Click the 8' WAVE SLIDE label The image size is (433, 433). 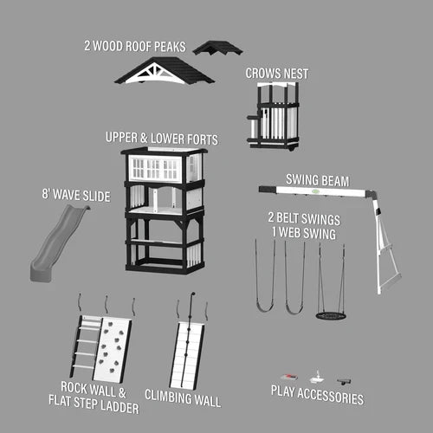tap(76, 196)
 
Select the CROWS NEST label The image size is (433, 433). tap(277, 74)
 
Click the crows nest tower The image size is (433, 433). tap(273, 115)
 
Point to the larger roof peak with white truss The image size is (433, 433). tap(165, 71)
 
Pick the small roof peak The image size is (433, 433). tap(217, 48)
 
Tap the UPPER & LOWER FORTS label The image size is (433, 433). tap(162, 139)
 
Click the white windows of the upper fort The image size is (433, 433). tap(155, 168)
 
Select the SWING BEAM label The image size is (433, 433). tap(318, 180)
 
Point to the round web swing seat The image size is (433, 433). tap(331, 315)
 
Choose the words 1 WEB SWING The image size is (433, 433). tap(304, 233)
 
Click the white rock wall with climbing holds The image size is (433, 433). tap(113, 349)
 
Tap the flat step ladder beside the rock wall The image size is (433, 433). tap(84, 346)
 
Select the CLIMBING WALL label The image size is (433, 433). tap(183, 398)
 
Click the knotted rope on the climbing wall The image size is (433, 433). tap(188, 340)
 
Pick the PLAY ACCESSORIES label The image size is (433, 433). tap(317, 395)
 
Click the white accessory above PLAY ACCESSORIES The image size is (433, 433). tap(317, 378)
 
